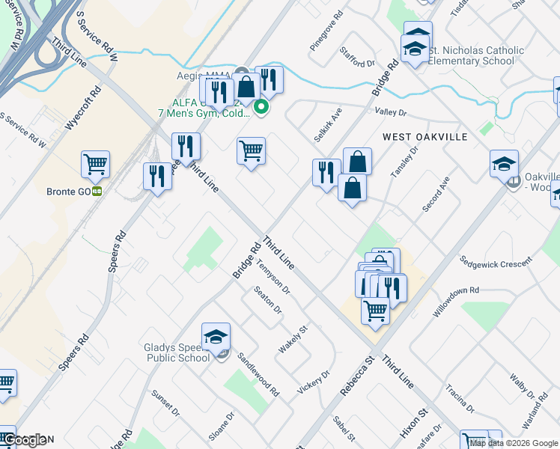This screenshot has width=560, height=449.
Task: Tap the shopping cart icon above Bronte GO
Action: tap(96, 165)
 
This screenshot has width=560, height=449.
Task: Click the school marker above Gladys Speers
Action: tap(216, 337)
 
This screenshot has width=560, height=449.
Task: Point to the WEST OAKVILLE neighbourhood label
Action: tap(424, 137)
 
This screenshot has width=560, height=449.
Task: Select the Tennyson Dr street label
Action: tap(272, 276)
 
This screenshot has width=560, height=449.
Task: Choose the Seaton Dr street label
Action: tap(267, 300)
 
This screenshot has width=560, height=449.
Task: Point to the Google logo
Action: tap(26, 441)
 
